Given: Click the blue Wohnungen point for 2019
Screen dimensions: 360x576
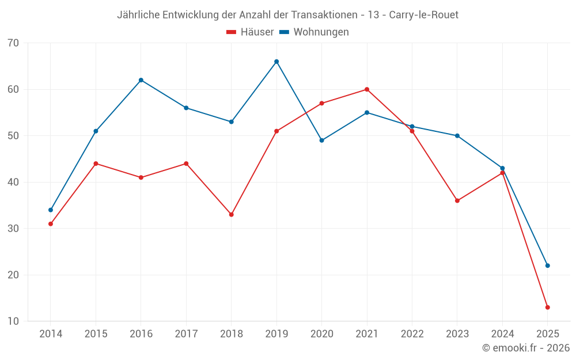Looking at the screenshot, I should [276, 62].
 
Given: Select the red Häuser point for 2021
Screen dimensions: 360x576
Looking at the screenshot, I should [367, 89].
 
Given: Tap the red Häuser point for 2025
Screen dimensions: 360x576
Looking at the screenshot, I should [547, 307].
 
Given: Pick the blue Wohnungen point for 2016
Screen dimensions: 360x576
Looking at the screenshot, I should [141, 80].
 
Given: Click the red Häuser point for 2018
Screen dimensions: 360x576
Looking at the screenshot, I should [232, 214].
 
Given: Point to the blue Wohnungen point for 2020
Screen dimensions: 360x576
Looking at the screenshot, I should [321, 140].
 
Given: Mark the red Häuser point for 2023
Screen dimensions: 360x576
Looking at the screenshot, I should [457, 200].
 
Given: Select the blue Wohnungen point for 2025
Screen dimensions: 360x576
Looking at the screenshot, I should [547, 266].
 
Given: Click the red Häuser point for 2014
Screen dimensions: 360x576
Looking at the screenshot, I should [51, 223].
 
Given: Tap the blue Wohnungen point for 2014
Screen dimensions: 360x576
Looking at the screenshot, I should [51, 210].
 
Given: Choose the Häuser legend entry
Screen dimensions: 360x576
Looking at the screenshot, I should [251, 32].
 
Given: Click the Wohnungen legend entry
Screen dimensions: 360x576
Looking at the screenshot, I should [314, 32].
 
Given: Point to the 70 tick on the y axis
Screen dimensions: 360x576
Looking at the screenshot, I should [13, 43].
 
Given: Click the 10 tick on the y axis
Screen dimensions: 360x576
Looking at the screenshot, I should [13, 321].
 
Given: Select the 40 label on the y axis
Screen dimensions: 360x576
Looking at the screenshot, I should [13, 182].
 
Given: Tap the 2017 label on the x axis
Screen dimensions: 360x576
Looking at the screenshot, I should [186, 334].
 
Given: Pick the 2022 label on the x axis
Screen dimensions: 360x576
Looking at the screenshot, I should [412, 334].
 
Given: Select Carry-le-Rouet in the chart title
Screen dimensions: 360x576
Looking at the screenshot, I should [424, 15].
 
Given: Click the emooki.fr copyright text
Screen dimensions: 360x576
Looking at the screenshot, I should [526, 348].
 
